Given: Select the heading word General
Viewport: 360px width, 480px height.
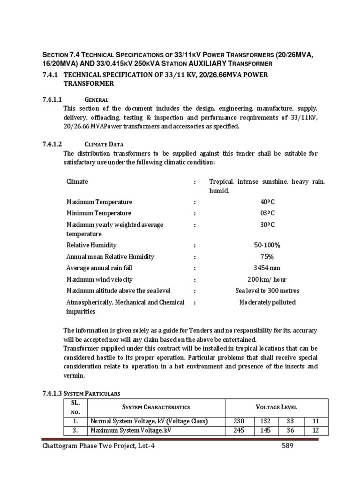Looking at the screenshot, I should click(97, 99).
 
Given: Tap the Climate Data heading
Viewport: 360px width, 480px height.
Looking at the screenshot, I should click(104, 144).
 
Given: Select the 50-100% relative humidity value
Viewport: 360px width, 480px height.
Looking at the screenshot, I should click(267, 245).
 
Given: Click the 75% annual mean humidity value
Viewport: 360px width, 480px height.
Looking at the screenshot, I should click(267, 256).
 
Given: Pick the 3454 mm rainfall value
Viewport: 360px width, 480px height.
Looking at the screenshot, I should click(267, 268).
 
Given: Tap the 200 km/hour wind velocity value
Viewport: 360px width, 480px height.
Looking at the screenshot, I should click(267, 279).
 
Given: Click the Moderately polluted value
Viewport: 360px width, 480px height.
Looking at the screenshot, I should click(267, 302).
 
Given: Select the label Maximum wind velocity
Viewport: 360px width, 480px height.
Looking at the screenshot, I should click(98, 279).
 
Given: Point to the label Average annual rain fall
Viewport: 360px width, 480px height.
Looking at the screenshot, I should click(99, 268).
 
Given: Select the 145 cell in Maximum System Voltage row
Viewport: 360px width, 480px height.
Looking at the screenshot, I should click(265, 430).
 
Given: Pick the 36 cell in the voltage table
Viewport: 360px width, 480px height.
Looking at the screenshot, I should click(292, 430).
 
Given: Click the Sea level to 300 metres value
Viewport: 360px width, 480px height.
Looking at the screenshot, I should click(267, 291).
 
